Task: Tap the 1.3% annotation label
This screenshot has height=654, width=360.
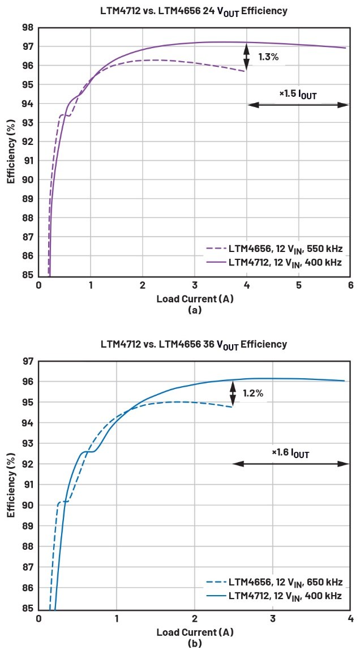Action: tap(268, 57)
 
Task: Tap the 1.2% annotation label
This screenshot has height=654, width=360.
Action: tap(252, 393)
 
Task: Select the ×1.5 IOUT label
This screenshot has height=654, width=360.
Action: tap(298, 94)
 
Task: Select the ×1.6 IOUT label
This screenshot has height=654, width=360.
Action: tap(290, 452)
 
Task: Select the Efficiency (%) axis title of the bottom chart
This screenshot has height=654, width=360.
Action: tap(11, 486)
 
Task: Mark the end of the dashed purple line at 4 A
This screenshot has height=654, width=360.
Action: tap(246, 71)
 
